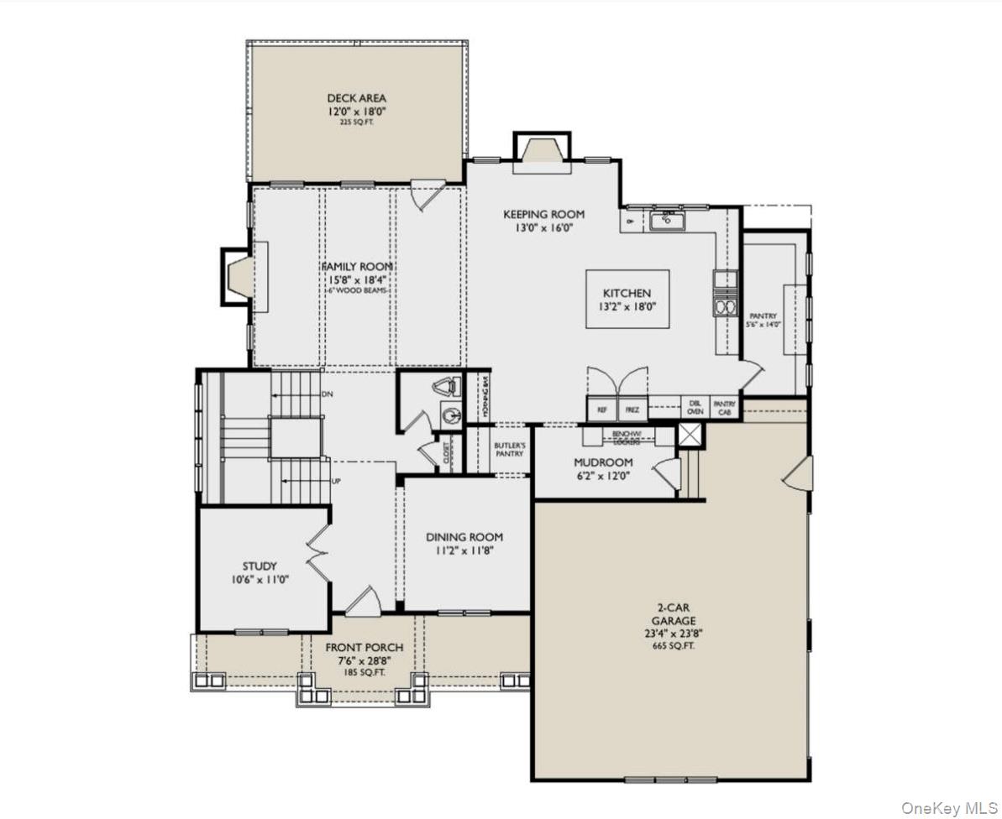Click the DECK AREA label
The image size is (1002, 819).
tap(357, 98)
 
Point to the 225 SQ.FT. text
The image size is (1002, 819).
tap(357, 123)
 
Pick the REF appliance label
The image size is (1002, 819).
tap(601, 410)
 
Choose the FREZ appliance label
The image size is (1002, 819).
tap(632, 410)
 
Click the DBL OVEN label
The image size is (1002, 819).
tap(695, 407)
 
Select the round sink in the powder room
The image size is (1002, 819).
tap(451, 415)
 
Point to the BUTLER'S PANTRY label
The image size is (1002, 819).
tap(510, 449)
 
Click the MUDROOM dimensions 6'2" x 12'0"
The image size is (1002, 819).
tap(603, 476)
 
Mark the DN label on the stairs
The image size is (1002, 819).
tap(327, 394)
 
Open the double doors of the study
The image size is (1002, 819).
tap(318, 555)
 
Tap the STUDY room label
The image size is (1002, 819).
tap(260, 566)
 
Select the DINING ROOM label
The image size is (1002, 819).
tap(464, 537)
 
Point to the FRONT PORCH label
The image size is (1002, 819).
tap(365, 648)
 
